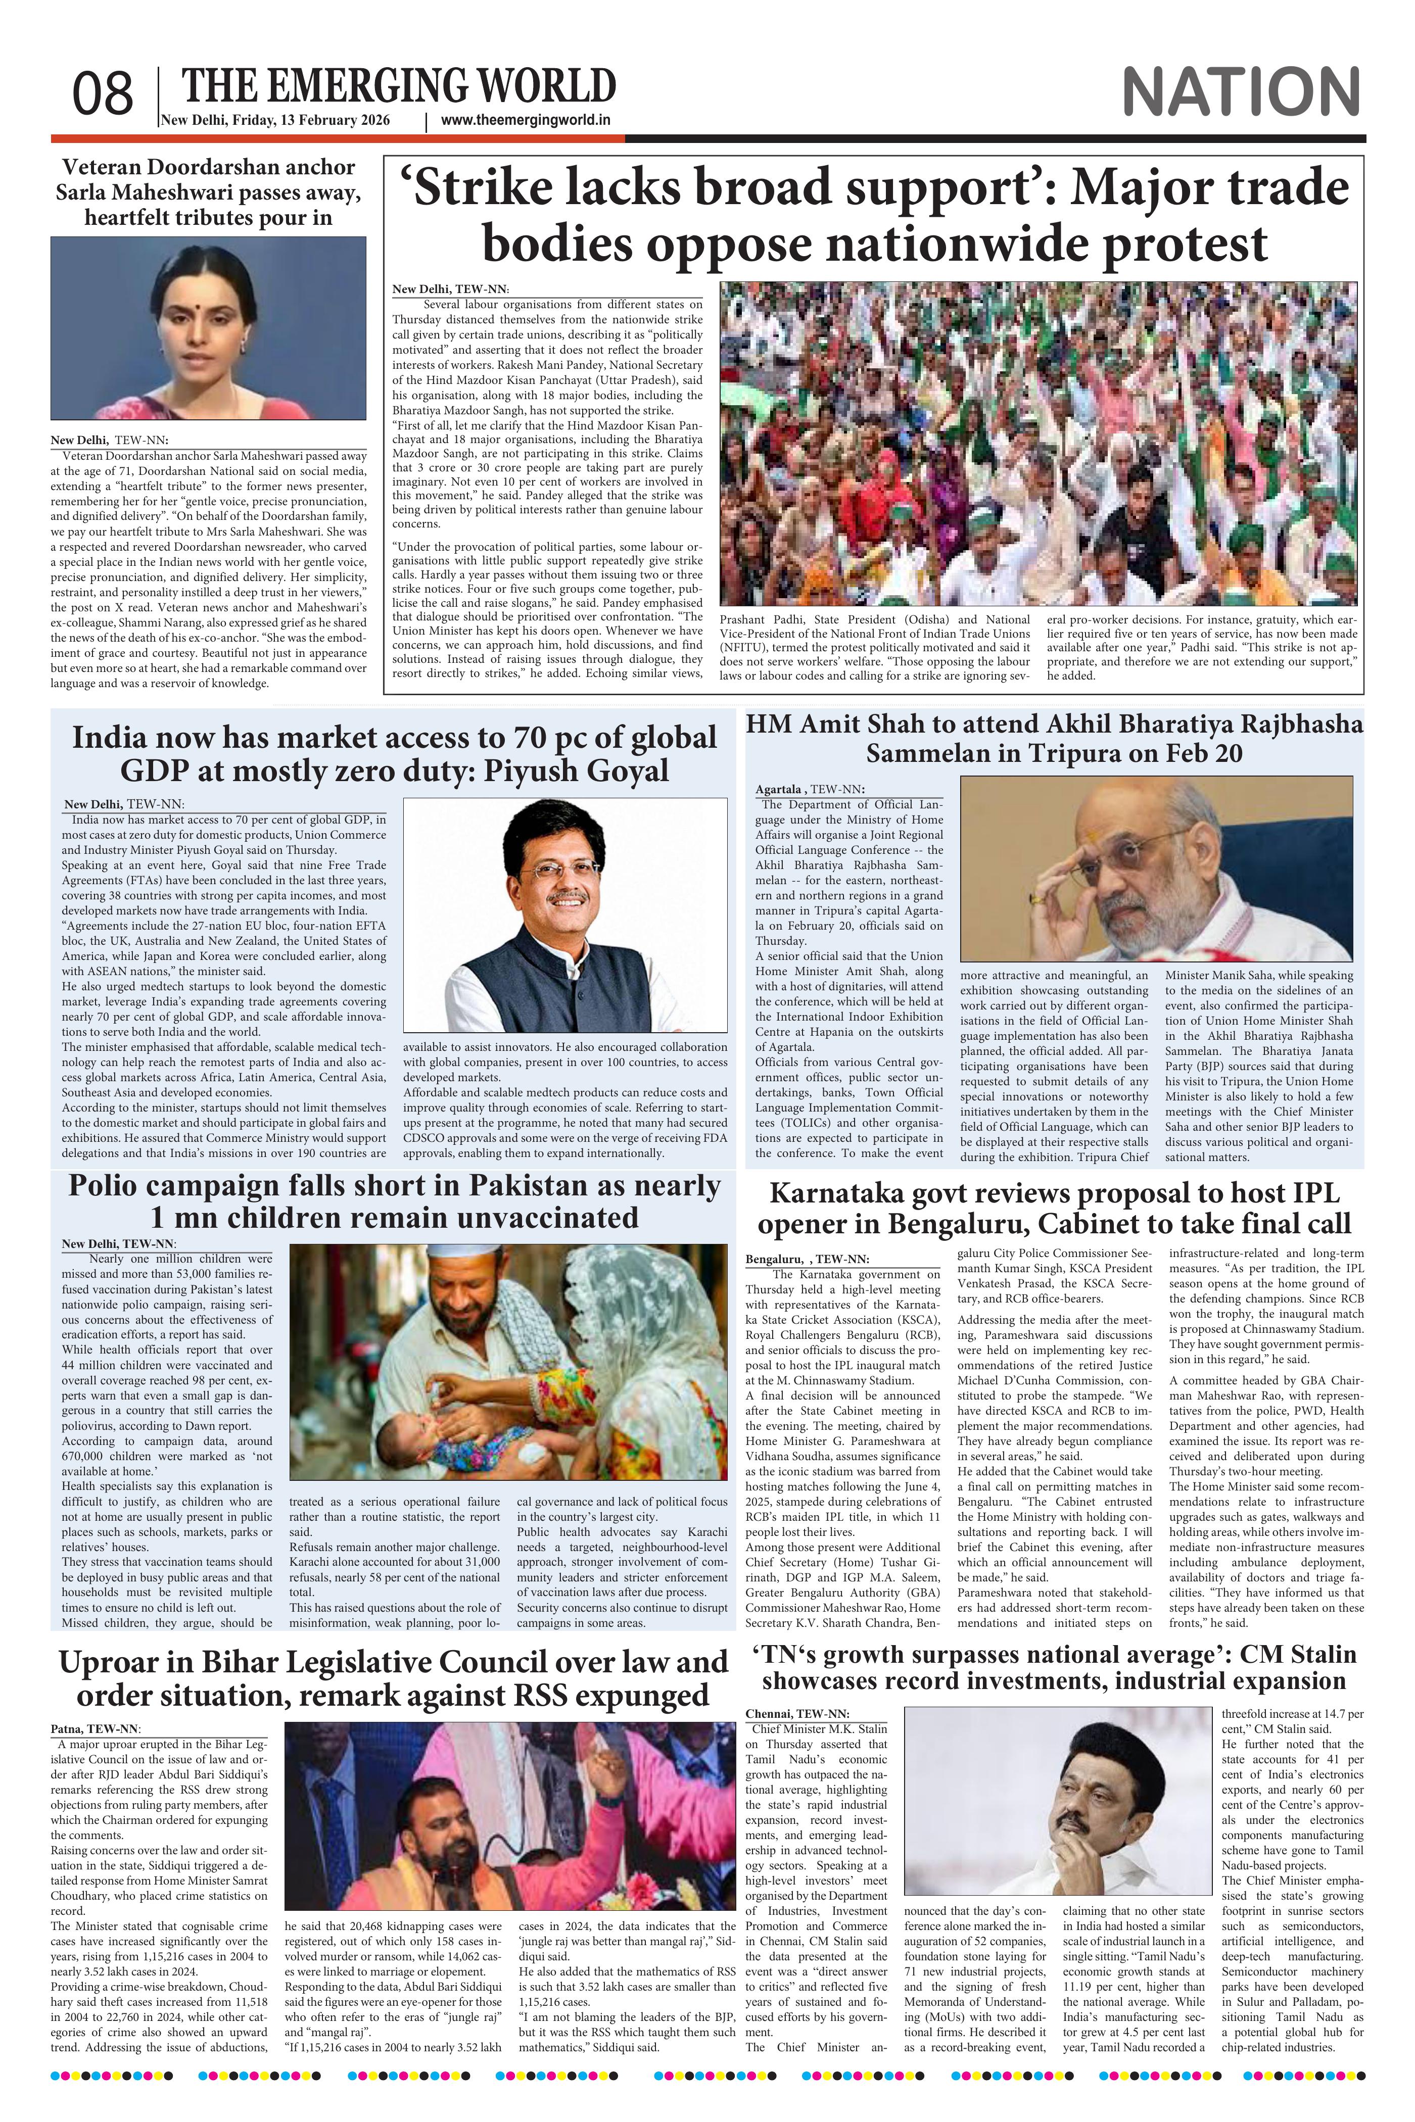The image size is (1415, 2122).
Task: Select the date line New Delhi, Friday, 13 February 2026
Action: [x=275, y=121]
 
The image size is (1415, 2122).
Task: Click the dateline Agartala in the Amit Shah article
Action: [x=780, y=789]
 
